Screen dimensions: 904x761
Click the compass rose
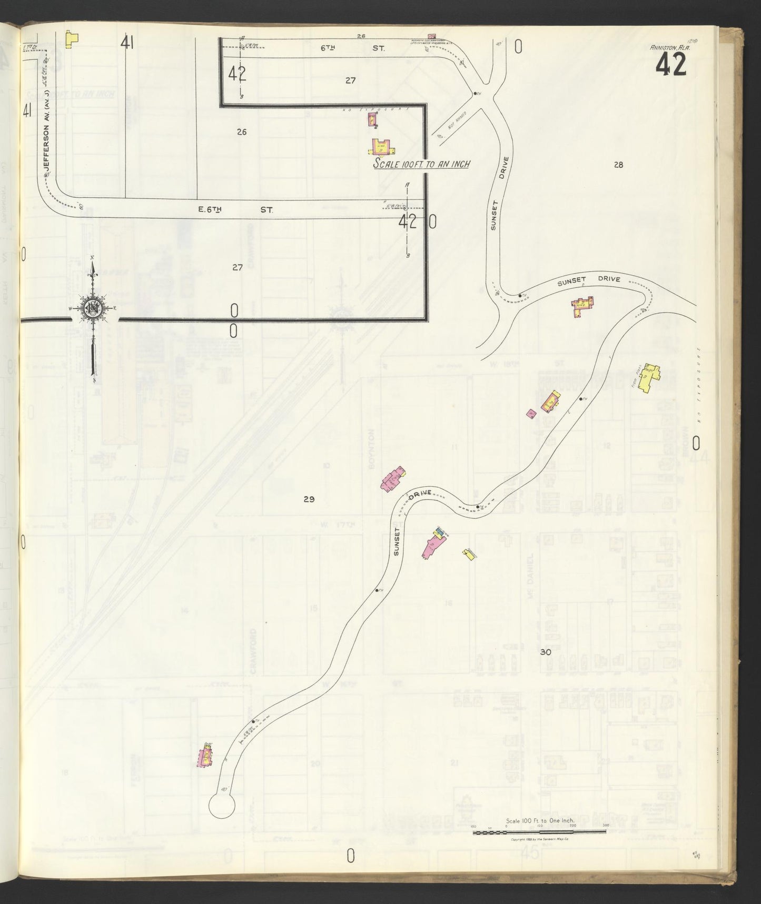coord(93,308)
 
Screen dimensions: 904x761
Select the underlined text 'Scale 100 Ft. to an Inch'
coord(421,164)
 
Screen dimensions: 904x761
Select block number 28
coord(618,165)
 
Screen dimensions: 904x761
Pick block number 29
coord(309,499)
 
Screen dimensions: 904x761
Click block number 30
coord(546,652)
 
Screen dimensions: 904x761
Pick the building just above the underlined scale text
coord(382,146)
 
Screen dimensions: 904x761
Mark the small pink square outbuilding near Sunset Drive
coord(531,414)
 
